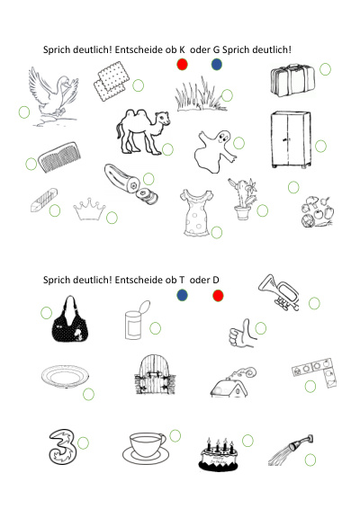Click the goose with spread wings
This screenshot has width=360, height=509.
pyautogui.click(x=54, y=94)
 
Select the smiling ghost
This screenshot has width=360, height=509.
pyautogui.click(x=215, y=151)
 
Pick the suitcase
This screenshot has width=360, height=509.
pyautogui.click(x=292, y=80)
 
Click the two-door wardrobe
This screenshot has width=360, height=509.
pyautogui.click(x=291, y=139)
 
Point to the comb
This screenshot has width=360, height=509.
pyautogui.click(x=59, y=156)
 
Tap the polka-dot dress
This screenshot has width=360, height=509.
pyautogui.click(x=196, y=212)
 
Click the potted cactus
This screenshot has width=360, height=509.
pyautogui.click(x=243, y=199)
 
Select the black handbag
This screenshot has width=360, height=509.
pyautogui.click(x=70, y=320)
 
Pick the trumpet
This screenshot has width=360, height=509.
pyautogui.click(x=279, y=292)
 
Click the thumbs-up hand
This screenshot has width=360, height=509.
pyautogui.click(x=242, y=334)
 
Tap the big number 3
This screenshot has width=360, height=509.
pyautogui.click(x=63, y=447)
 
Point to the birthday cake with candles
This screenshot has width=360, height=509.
pyautogui.click(x=219, y=454)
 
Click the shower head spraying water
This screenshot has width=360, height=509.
pyautogui.click(x=291, y=451)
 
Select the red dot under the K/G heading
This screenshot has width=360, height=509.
pyautogui.click(x=183, y=64)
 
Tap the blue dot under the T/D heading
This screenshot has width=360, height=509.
pyautogui.click(x=183, y=295)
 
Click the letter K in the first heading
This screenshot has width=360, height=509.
pyautogui.click(x=182, y=49)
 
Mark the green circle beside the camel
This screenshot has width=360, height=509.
pyautogui.click(x=167, y=149)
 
